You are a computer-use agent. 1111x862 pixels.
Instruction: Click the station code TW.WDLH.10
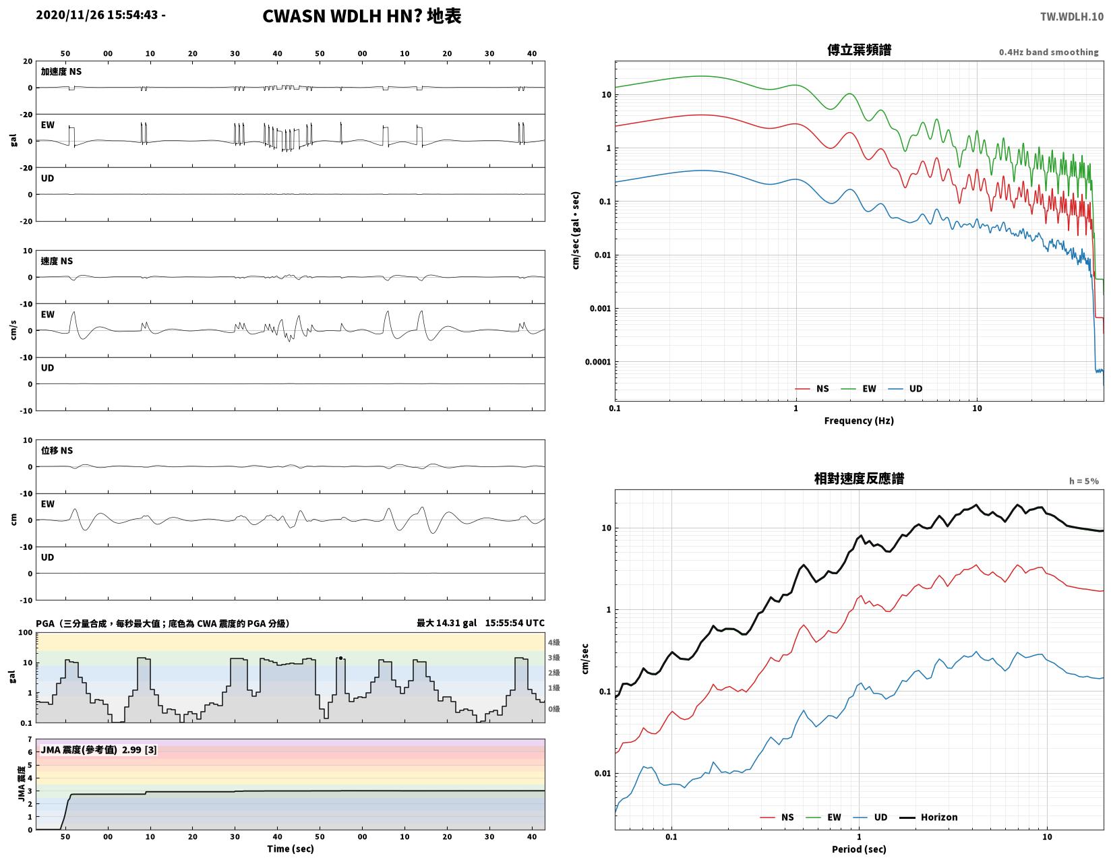point(1071,16)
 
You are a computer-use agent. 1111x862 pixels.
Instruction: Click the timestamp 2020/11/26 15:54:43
point(96,15)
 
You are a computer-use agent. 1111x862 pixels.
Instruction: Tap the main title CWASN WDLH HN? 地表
point(361,16)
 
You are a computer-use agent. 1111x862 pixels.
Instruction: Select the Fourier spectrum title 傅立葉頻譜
point(858,50)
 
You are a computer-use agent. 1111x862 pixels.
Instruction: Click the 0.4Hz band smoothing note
point(1048,52)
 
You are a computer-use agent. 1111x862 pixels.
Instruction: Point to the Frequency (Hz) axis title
point(858,421)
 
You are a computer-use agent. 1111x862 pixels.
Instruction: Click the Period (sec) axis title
point(858,849)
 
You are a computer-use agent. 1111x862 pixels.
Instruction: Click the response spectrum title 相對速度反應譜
point(858,479)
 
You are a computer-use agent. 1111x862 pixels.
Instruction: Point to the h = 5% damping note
point(1083,481)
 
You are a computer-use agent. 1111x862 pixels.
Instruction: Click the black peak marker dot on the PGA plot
point(340,658)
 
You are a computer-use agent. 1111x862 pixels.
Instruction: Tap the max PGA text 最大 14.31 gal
point(446,623)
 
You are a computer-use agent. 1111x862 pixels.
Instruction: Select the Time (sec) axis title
point(290,849)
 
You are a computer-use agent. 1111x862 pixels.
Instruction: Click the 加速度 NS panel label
point(61,71)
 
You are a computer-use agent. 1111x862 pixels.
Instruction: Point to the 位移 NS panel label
point(57,450)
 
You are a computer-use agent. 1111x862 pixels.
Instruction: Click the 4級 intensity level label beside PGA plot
point(553,642)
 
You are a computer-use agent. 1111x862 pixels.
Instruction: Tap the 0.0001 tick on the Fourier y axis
point(598,362)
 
